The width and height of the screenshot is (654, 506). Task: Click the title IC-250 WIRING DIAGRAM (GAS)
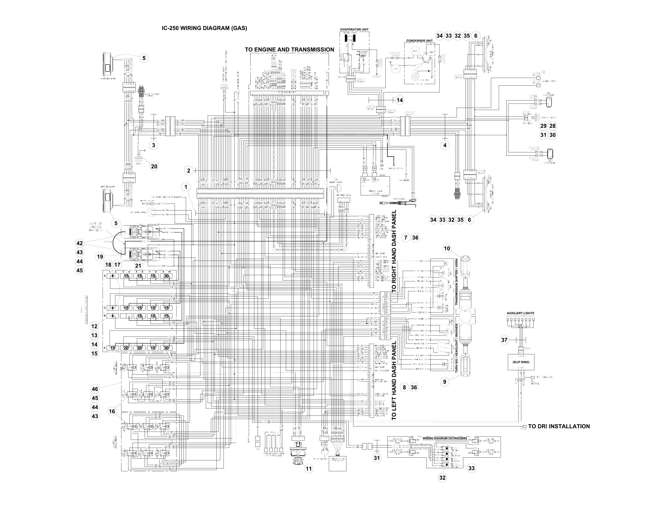click(x=204, y=28)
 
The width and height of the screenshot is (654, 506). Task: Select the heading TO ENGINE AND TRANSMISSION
click(x=289, y=49)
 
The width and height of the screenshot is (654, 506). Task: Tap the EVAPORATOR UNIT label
click(x=354, y=29)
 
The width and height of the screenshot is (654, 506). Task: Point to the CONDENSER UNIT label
click(x=419, y=41)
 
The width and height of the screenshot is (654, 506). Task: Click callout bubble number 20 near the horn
click(x=154, y=166)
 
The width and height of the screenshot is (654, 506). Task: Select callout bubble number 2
click(x=189, y=171)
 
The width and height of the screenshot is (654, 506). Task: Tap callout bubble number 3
click(x=153, y=145)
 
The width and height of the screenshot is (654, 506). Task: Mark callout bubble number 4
click(x=445, y=145)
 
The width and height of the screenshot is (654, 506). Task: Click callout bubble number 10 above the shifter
click(x=447, y=248)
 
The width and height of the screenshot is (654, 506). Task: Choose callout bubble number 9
click(x=444, y=382)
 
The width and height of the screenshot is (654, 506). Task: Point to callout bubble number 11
click(x=308, y=469)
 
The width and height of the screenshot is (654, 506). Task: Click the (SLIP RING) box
click(x=521, y=362)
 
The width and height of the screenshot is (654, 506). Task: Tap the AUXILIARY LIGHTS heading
click(x=520, y=313)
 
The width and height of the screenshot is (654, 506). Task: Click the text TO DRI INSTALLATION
click(x=559, y=426)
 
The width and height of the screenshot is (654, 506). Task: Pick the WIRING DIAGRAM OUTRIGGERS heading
click(x=444, y=438)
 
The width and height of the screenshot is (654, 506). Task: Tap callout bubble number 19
click(x=100, y=257)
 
